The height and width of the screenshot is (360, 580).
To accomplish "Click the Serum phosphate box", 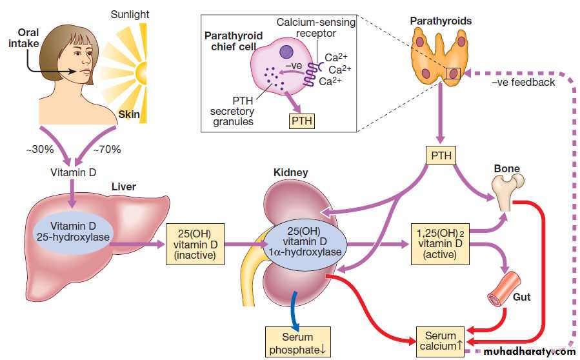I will [297, 343].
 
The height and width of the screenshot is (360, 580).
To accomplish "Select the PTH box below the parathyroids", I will [441, 155].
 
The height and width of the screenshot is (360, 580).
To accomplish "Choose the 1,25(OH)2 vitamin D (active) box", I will [439, 244].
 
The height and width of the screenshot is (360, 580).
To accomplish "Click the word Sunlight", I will [129, 14].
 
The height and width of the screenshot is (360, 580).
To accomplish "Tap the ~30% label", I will [37, 150].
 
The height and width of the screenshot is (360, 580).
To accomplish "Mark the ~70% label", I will [107, 150].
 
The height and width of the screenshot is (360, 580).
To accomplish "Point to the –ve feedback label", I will [523, 82].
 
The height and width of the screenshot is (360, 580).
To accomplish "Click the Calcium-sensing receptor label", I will [315, 28].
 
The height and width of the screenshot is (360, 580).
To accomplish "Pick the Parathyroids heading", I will [441, 21].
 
